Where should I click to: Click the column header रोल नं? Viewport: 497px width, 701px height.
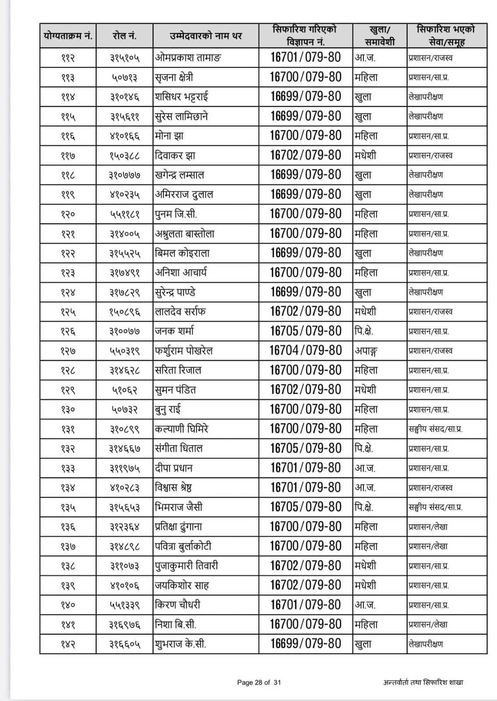(124, 36)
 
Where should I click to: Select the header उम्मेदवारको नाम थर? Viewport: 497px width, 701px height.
(205, 36)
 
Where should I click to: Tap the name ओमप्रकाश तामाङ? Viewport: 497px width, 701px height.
(188, 57)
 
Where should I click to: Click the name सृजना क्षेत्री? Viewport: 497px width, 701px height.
(174, 78)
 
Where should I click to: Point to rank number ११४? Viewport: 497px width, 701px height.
(68, 97)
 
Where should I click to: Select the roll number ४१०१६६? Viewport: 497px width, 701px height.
(124, 136)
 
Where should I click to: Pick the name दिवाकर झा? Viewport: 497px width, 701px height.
(175, 156)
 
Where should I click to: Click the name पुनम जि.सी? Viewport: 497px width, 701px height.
(176, 214)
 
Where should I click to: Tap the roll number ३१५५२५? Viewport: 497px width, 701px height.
(124, 253)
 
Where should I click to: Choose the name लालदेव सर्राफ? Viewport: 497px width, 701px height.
(180, 312)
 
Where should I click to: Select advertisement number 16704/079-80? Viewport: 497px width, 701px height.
(306, 350)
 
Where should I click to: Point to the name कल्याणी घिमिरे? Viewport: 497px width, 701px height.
(181, 429)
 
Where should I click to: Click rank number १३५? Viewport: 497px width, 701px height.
(68, 507)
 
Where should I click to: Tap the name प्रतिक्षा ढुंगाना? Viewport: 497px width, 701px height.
(179, 527)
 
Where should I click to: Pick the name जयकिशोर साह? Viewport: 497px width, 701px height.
(182, 585)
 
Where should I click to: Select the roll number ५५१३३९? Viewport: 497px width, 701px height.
(124, 605)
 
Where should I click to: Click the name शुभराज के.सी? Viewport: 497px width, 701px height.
(180, 644)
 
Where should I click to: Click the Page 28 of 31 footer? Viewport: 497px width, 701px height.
(259, 682)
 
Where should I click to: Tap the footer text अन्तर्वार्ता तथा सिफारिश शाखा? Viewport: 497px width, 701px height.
(423, 682)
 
